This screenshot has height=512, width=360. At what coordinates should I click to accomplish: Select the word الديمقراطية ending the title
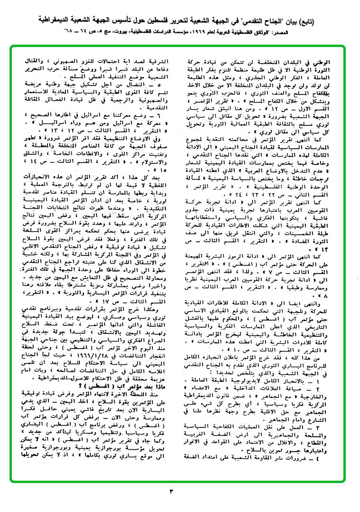(x=47, y=21)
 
